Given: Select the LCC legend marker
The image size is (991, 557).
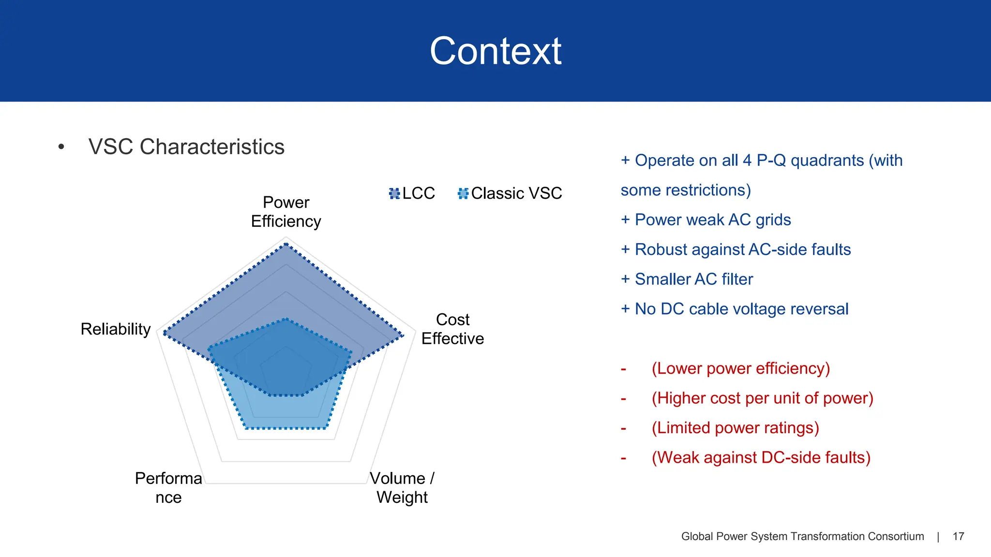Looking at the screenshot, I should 394,193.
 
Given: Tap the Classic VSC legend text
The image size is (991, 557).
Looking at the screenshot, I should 516,193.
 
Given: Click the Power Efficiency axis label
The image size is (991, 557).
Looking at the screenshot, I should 286,212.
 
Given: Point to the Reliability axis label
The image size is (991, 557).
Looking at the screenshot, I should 116,329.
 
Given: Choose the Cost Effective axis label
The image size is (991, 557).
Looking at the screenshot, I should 452,329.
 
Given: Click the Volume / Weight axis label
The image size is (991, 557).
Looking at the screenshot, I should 402,487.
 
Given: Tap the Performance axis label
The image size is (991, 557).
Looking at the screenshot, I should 168,487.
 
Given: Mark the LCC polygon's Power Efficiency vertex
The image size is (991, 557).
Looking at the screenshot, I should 286,245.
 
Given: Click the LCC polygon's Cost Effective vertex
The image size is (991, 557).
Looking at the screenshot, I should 403,335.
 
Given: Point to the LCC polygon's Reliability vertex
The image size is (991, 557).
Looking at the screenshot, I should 165,333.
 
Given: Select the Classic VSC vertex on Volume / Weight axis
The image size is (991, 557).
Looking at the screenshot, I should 326,428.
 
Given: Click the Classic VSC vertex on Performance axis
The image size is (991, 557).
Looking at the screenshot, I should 246,428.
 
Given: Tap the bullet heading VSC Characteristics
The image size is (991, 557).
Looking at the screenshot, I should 186,147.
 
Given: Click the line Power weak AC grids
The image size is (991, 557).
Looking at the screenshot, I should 712,220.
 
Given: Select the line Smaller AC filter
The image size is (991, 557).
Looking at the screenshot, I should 693,279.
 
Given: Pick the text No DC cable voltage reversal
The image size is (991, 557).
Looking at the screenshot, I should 741,309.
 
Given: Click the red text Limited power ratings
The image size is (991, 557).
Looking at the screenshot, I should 735,428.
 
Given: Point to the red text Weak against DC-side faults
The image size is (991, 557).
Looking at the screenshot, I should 761,457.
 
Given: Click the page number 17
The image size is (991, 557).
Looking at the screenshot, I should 958,536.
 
